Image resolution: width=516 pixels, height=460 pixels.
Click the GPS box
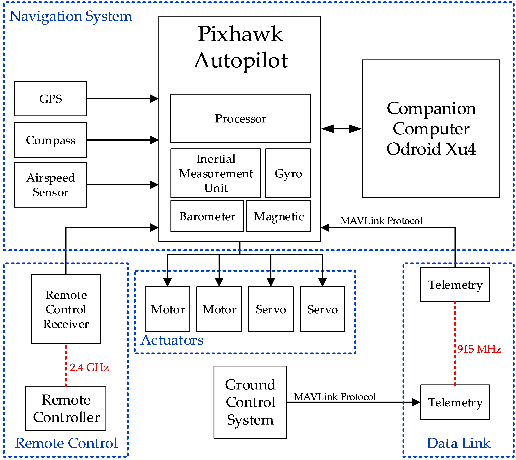pos(50,99)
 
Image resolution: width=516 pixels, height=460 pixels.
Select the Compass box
pos(50,140)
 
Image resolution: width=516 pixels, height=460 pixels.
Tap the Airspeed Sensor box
pos(50,185)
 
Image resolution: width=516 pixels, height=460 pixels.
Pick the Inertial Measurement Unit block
pos(216,173)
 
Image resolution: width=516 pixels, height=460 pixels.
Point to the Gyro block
pos(288,173)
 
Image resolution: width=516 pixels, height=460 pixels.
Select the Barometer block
pos(207,216)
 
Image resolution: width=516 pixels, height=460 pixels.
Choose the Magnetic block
pos(279,216)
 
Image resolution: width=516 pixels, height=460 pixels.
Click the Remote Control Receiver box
pos(66,309)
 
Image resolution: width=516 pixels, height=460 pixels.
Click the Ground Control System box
pos(250,402)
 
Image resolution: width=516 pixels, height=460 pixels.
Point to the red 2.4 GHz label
pos(89,367)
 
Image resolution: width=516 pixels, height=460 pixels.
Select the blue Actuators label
pos(172,340)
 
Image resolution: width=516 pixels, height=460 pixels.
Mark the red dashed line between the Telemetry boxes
pos(455,329)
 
